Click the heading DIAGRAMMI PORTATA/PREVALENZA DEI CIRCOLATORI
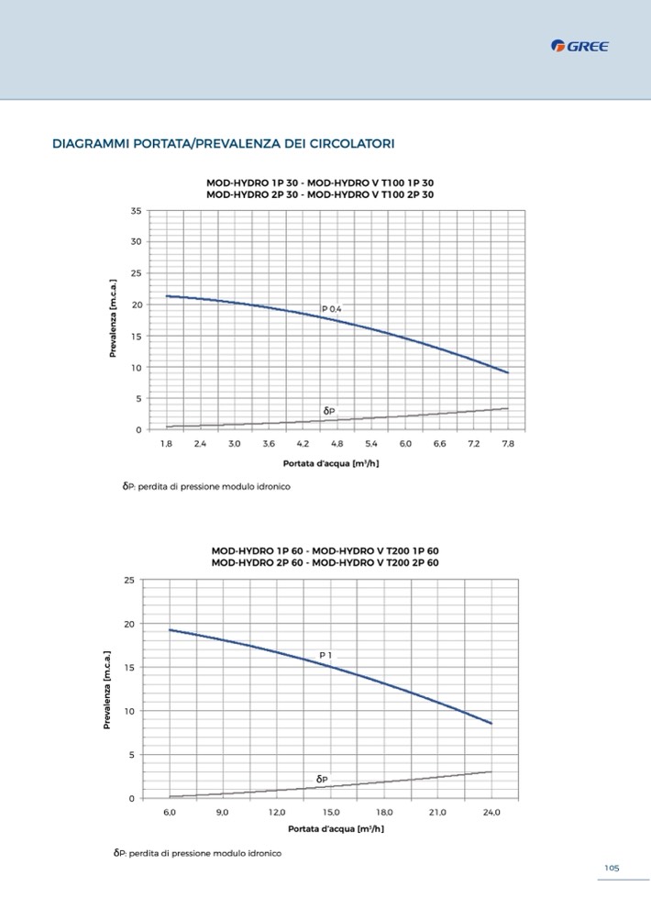click(x=224, y=145)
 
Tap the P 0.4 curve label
click(x=331, y=309)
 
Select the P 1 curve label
click(x=325, y=655)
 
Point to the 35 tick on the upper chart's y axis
click(x=136, y=211)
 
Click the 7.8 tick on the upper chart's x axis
click(x=508, y=443)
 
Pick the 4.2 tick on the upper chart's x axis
click(x=303, y=443)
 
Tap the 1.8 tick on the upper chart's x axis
click(x=166, y=443)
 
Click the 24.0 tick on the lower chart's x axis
click(x=491, y=812)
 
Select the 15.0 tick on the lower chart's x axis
click(x=331, y=812)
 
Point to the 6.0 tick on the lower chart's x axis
click(x=170, y=812)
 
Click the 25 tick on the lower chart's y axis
click(x=129, y=581)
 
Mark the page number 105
click(x=612, y=868)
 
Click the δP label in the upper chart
click(x=328, y=410)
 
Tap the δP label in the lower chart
click(x=322, y=779)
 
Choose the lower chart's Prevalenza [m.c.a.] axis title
click(x=107, y=690)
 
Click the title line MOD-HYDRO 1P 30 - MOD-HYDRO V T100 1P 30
click(x=320, y=183)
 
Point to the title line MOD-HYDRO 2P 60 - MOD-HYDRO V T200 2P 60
click(x=325, y=561)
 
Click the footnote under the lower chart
click(x=197, y=853)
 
